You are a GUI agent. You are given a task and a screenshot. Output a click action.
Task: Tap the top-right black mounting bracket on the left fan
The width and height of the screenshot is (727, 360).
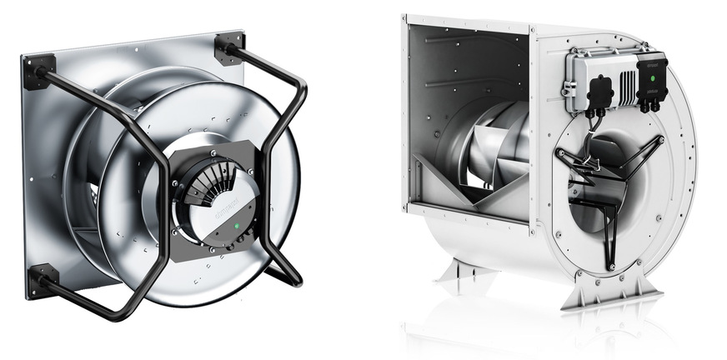228,47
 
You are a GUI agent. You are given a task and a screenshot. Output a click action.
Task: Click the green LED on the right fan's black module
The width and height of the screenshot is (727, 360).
650,78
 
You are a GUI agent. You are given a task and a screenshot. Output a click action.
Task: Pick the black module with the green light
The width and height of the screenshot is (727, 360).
650,79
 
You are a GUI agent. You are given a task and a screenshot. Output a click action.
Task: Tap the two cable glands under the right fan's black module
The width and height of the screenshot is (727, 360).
649,106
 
